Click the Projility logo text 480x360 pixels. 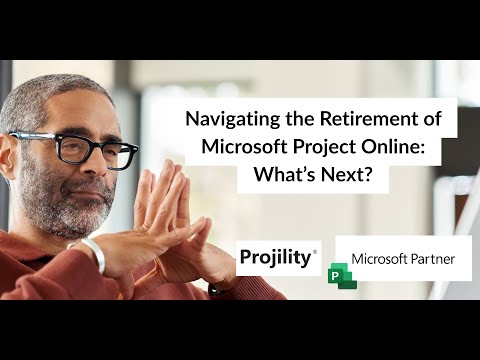tap(275, 258)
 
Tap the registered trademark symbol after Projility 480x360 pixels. tap(316, 252)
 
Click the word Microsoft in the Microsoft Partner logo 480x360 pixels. tap(377, 259)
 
